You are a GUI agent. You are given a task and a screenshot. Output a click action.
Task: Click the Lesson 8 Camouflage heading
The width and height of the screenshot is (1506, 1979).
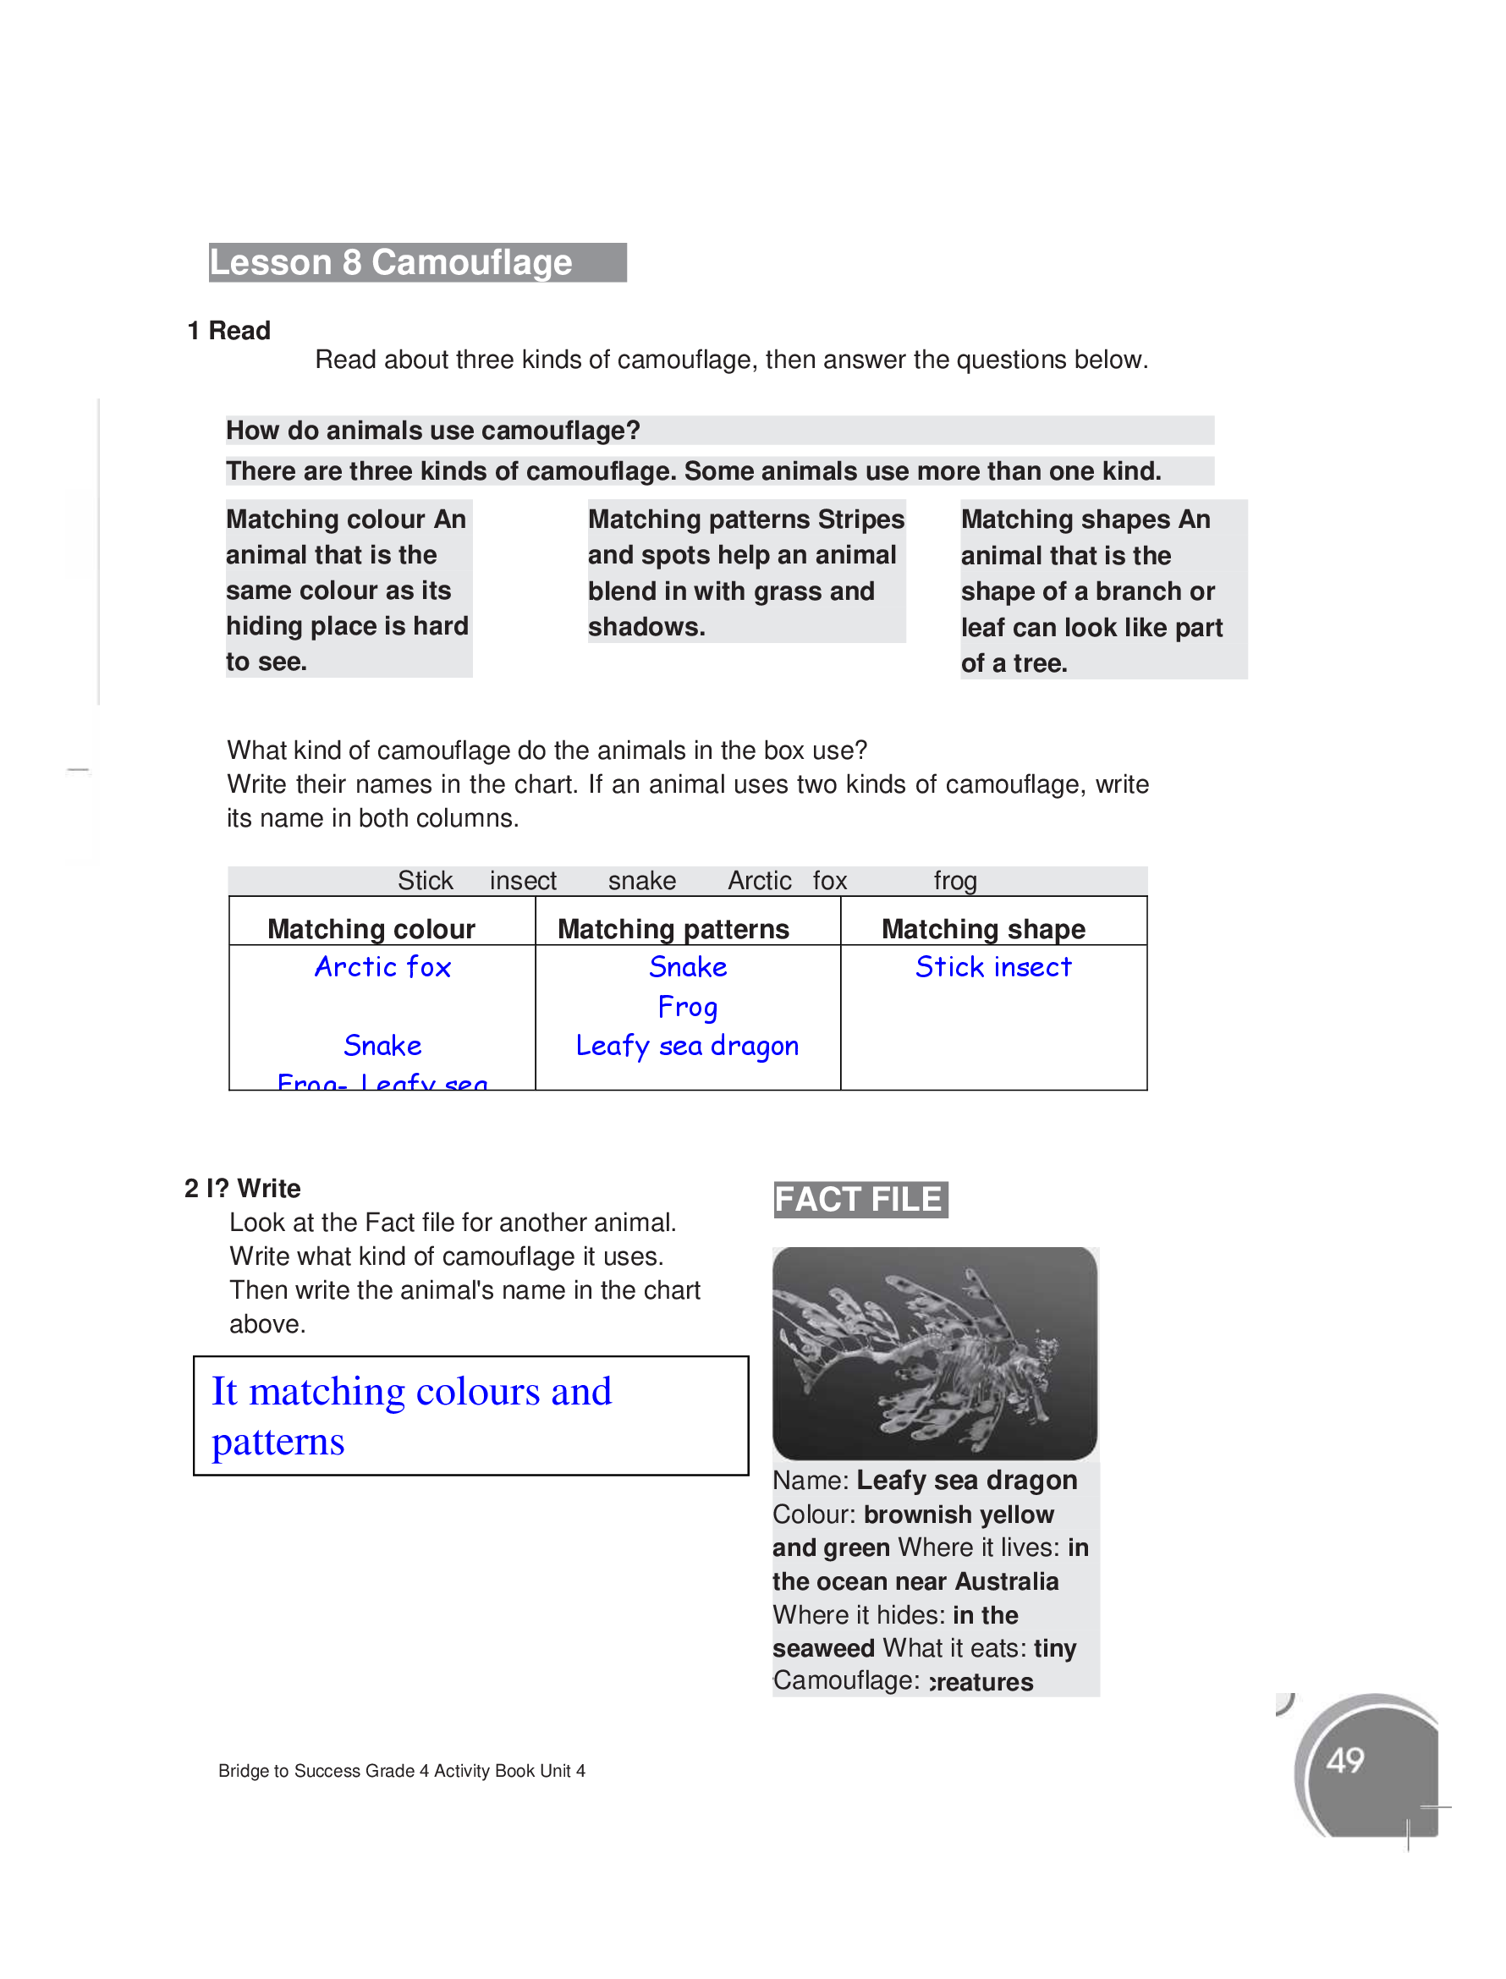tap(391, 262)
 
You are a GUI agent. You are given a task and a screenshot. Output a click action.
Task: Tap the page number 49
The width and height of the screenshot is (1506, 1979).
tap(1344, 1761)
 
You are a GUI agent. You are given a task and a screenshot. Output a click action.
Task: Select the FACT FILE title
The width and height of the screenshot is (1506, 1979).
tap(859, 1199)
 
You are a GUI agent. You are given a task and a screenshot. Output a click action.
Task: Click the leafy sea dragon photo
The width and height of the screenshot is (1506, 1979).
tap(934, 1354)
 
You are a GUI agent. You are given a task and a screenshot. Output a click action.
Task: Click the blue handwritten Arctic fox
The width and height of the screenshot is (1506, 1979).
tap(382, 967)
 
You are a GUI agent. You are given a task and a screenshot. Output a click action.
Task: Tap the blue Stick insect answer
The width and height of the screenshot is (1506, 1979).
tap(993, 967)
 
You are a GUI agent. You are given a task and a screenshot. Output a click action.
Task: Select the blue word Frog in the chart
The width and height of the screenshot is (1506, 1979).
tap(688, 1007)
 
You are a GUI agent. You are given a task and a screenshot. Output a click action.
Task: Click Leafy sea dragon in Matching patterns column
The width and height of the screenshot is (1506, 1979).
tap(687, 1046)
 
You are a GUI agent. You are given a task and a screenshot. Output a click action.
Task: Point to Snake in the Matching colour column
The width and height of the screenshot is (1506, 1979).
tap(382, 1046)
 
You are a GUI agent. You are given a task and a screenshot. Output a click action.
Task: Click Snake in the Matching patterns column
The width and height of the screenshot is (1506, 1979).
tap(688, 967)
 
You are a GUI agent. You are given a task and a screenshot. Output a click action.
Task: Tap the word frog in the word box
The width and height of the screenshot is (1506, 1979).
tap(954, 881)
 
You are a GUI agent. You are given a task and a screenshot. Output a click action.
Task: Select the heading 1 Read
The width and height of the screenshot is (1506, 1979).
tap(229, 331)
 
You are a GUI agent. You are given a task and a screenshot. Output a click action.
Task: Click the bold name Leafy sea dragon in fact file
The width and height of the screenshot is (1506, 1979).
tap(966, 1480)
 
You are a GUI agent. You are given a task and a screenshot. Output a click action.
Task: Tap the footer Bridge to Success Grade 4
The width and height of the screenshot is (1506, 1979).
tap(402, 1770)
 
